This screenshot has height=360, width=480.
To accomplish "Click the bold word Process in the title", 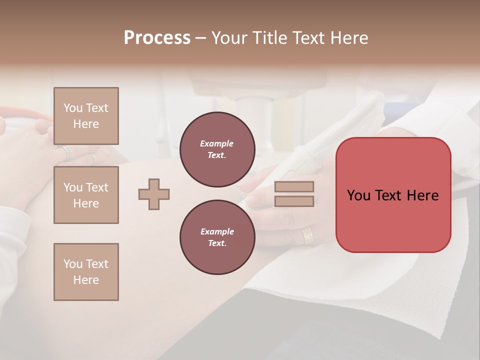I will tap(157, 38).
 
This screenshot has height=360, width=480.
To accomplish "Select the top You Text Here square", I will tap(86, 116).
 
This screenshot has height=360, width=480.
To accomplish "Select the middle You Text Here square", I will tap(86, 195).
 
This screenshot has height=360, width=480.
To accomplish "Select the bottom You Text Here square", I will tap(86, 272).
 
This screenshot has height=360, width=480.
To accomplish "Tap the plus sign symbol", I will tap(154, 194).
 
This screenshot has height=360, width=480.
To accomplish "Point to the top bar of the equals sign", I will tap(294, 186).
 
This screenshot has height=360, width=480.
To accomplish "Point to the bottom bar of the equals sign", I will tap(294, 201).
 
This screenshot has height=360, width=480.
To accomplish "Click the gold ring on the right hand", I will tap(306, 235).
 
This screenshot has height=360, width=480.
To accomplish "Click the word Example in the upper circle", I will tap(216, 143).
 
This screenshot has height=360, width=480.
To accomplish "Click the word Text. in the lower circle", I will tap(216, 243).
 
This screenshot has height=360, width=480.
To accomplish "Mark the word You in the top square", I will tap(72, 108).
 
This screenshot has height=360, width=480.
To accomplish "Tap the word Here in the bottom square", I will tap(86, 280).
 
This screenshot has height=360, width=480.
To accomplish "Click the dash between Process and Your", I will tap(200, 38).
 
